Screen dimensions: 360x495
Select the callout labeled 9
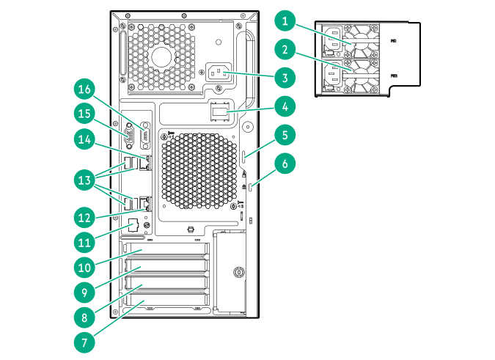point(86,290)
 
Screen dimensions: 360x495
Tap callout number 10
point(86,265)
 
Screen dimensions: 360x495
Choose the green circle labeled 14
point(86,139)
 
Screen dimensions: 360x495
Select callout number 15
point(86,114)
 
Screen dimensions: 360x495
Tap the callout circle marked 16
point(86,89)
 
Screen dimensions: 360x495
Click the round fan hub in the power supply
point(162,57)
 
